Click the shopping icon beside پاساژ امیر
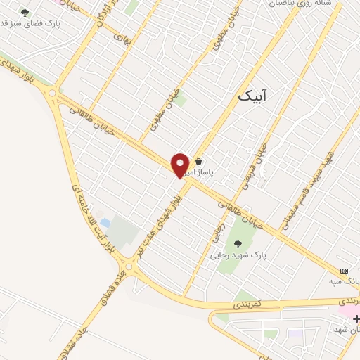pyautogui.click(x=200, y=160)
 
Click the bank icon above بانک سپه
pyautogui.click(x=344, y=271)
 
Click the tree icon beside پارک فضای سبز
pyautogui.click(x=25, y=13)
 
